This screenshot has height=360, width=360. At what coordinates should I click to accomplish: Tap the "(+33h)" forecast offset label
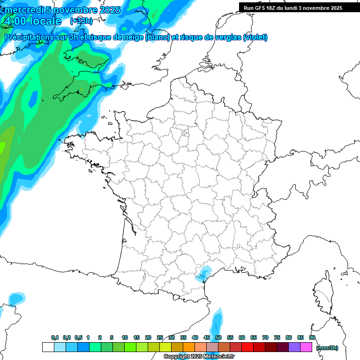pyautogui.click(x=81, y=21)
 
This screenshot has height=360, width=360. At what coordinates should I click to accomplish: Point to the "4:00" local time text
pyautogui.click(x=15, y=21)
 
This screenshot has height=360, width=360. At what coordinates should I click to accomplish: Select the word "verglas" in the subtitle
pyautogui.click(x=226, y=37)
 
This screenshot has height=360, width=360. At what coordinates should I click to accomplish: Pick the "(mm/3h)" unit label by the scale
pyautogui.click(x=327, y=347)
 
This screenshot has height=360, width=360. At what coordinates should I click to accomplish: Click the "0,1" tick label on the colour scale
pyautogui.click(x=54, y=338)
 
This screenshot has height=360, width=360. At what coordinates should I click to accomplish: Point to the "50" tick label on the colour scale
pyautogui.click(x=218, y=338)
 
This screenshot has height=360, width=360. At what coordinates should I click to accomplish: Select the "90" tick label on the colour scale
pyautogui.click(x=312, y=338)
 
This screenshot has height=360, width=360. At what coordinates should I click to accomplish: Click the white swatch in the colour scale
pyautogui.click(x=48, y=347)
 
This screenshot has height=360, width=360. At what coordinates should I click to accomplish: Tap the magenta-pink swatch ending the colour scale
pyautogui.click(x=306, y=347)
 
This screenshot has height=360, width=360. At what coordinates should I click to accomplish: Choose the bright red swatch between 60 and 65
pyautogui.click(x=247, y=347)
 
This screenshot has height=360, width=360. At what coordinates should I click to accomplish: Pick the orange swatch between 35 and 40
pyautogui.click(x=189, y=347)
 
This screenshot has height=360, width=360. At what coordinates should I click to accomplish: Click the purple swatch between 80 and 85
pyautogui.click(x=294, y=347)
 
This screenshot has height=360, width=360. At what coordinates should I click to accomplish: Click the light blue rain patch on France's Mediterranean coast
pyautogui.click(x=203, y=273)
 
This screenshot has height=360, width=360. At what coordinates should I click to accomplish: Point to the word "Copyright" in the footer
pyautogui.click(x=177, y=357)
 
